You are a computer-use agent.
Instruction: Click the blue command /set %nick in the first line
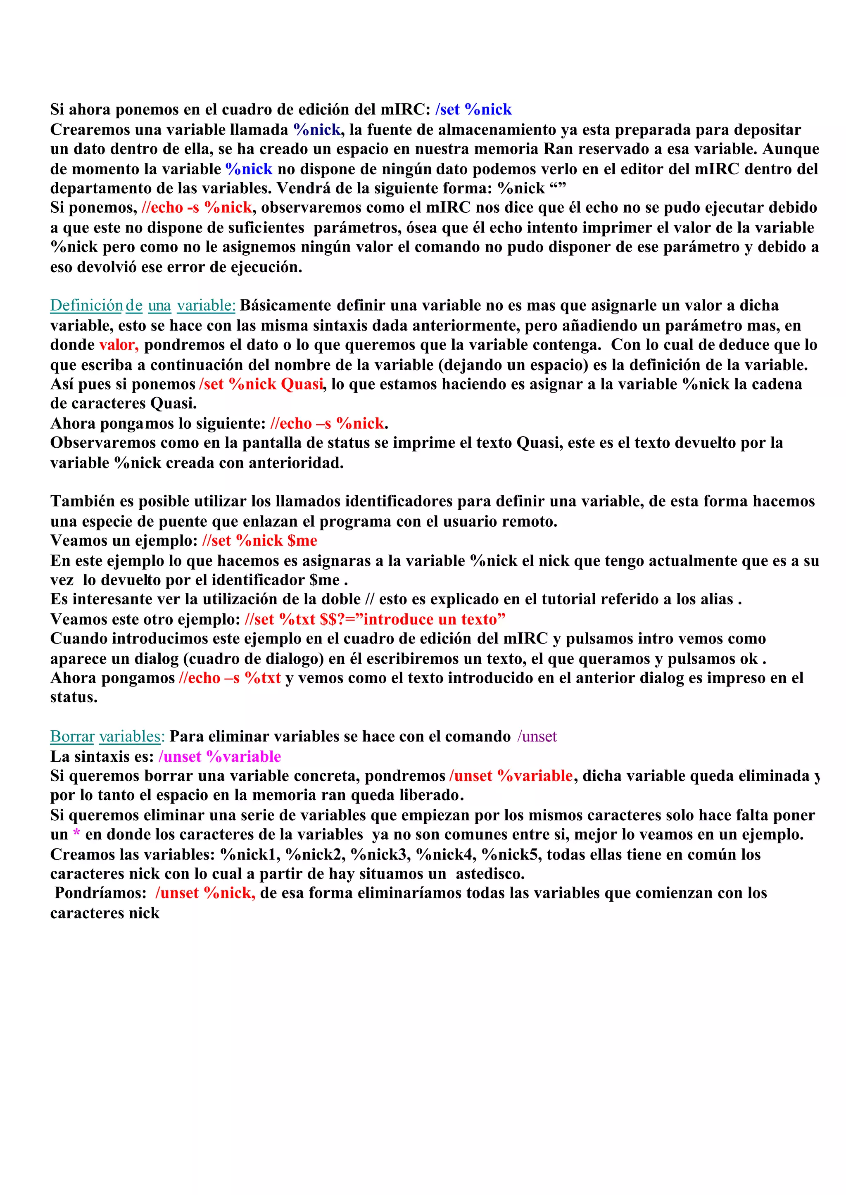473,110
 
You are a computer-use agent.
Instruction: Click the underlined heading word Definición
86,306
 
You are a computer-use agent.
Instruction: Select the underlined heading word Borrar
72,736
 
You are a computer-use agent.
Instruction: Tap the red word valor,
119,345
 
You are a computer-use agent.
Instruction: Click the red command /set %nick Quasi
261,385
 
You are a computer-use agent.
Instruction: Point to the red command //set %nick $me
259,541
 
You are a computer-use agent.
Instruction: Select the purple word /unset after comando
537,736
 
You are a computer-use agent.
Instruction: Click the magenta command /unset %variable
219,756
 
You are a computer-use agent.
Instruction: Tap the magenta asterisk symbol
76,834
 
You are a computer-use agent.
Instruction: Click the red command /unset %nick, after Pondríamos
205,893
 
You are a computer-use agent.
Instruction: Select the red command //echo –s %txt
229,678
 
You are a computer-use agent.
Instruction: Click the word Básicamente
285,306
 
